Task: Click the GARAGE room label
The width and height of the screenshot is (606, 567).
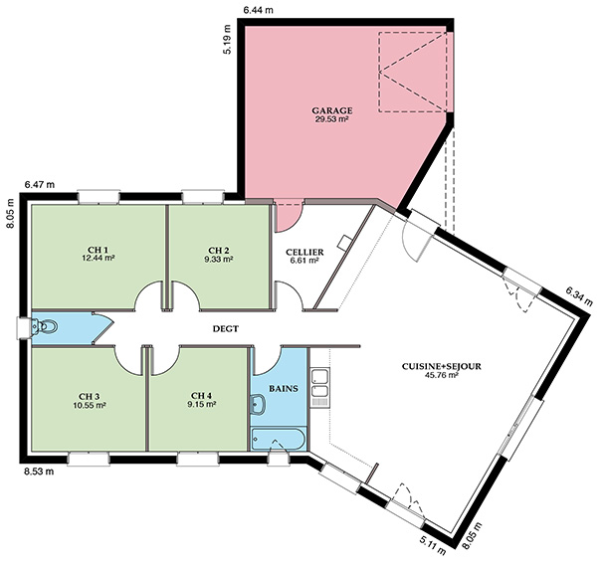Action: coord(332,111)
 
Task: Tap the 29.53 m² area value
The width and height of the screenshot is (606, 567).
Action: coord(332,119)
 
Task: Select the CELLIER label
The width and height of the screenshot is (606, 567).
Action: coord(304,253)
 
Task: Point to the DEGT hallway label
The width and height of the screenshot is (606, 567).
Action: coord(226,329)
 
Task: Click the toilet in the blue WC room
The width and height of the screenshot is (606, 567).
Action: coord(45,326)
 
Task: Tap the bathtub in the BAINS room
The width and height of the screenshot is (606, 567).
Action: coord(279,439)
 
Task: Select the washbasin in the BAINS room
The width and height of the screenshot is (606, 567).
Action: coord(257,404)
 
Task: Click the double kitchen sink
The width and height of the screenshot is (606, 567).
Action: coord(320,387)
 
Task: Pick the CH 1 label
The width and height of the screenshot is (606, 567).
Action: coord(99,250)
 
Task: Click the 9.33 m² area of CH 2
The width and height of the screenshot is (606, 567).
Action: coord(219,259)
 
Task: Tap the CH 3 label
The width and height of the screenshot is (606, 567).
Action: coord(90,397)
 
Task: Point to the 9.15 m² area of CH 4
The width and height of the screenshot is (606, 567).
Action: coord(201,405)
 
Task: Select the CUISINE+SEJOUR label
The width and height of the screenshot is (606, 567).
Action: coord(442,366)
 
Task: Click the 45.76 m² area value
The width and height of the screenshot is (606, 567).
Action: coord(442,375)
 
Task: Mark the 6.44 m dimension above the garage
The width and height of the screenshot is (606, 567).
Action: coord(258,10)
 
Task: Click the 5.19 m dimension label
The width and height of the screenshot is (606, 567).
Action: coord(227,40)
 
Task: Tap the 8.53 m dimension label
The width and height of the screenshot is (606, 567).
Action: coord(39,472)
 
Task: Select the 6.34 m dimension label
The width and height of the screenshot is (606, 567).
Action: coord(579,296)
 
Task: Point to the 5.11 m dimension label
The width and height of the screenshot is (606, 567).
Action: coord(433,545)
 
